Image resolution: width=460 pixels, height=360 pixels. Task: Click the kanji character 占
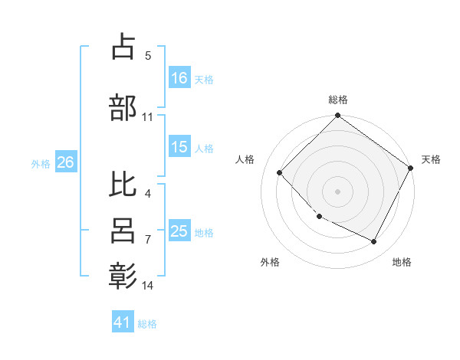(123, 48)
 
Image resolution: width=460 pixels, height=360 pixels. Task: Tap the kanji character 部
(123, 106)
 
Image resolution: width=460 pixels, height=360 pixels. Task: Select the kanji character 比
(123, 184)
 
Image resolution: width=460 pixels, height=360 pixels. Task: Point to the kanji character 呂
(123, 231)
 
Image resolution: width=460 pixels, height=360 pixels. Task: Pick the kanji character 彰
(123, 276)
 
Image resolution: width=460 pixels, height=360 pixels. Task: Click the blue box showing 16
(179, 78)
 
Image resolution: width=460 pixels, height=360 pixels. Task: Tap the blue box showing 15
(179, 147)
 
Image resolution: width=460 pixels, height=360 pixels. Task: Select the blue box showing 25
(179, 231)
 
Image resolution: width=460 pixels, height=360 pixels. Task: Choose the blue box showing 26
(65, 162)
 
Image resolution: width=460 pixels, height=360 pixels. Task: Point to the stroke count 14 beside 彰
(148, 286)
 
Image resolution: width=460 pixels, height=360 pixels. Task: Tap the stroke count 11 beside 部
(148, 117)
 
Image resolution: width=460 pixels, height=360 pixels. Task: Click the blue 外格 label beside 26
(41, 163)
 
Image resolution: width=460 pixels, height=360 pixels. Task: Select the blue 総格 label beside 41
(147, 323)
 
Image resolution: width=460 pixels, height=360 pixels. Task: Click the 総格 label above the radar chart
(338, 100)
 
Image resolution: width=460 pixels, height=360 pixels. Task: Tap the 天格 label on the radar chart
(431, 159)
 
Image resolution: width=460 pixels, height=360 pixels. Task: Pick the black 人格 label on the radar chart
(245, 159)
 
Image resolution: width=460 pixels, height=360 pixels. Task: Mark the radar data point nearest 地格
(374, 242)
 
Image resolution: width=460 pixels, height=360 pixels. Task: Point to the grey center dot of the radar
(337, 191)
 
